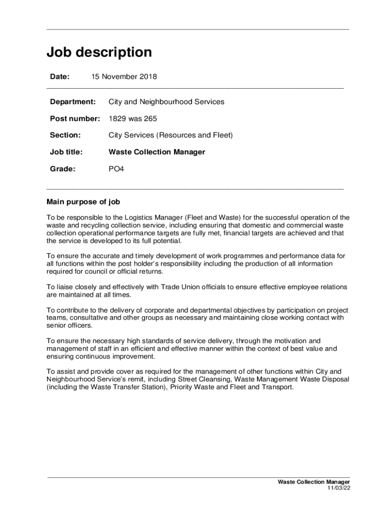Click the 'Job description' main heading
pyautogui.click(x=99, y=53)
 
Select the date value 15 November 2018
pyautogui.click(x=124, y=77)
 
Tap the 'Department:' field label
pyautogui.click(x=72, y=102)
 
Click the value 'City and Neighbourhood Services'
pyautogui.click(x=166, y=102)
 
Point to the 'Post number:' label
pyautogui.click(x=75, y=119)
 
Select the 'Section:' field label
pyautogui.click(x=65, y=135)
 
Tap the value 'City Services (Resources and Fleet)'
pyautogui.click(x=170, y=135)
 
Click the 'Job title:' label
pyautogui.click(x=66, y=152)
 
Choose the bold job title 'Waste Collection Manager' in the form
pyautogui.click(x=157, y=152)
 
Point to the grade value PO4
pyautogui.click(x=116, y=169)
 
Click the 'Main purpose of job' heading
pyautogui.click(x=83, y=202)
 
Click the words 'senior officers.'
pyautogui.click(x=70, y=326)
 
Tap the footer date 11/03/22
pyautogui.click(x=339, y=488)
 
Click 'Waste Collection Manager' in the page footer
pyautogui.click(x=314, y=482)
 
